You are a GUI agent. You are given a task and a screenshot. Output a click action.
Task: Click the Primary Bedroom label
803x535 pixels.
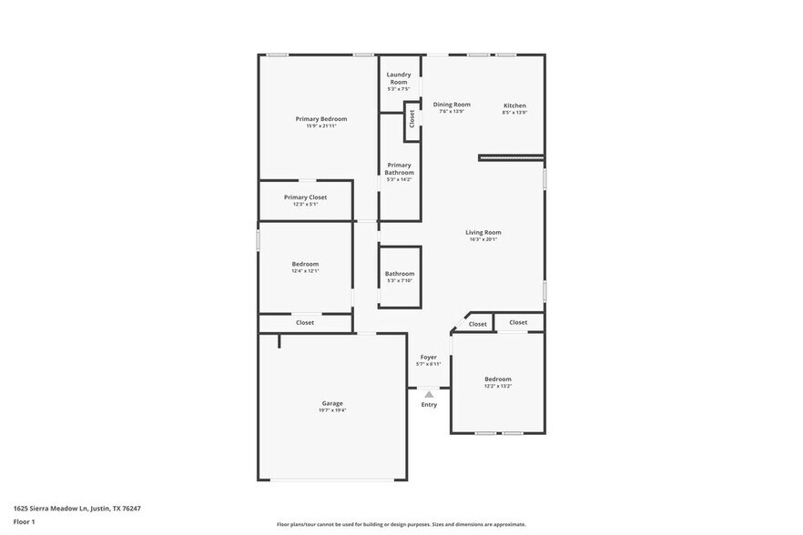click(x=320, y=118)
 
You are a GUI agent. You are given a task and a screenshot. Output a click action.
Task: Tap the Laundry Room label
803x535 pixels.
click(x=399, y=78)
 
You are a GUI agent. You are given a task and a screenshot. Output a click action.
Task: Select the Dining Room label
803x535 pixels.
click(x=452, y=105)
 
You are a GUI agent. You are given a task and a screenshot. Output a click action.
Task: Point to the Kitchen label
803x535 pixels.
click(x=514, y=106)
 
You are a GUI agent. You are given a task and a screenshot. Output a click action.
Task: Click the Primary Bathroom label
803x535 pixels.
click(x=399, y=168)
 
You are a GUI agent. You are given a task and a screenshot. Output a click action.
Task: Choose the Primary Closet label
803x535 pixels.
click(x=305, y=197)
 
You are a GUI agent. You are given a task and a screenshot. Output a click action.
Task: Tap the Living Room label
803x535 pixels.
click(x=483, y=232)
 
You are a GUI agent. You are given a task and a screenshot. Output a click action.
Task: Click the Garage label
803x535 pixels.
click(x=332, y=403)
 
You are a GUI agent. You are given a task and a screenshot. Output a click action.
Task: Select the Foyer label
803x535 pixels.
click(x=428, y=357)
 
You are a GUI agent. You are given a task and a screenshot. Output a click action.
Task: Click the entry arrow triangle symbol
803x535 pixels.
click(x=429, y=394)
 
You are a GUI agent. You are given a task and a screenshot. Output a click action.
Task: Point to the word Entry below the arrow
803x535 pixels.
click(x=429, y=405)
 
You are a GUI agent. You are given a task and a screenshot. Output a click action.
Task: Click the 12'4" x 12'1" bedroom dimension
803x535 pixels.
click(x=305, y=271)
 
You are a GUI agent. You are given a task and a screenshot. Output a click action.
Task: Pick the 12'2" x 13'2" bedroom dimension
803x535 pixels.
click(x=497, y=386)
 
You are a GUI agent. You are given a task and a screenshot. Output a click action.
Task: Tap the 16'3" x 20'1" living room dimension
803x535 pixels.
click(x=483, y=239)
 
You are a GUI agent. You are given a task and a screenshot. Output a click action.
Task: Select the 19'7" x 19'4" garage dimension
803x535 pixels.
click(x=332, y=410)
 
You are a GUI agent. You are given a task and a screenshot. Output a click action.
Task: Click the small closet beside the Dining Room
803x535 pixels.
click(x=412, y=118)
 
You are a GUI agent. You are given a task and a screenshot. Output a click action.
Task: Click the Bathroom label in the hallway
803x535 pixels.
click(x=399, y=274)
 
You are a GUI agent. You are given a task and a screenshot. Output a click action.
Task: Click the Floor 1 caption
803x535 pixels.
click(x=25, y=522)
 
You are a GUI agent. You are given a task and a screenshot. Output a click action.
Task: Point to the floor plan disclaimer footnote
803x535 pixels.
click(x=401, y=525)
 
